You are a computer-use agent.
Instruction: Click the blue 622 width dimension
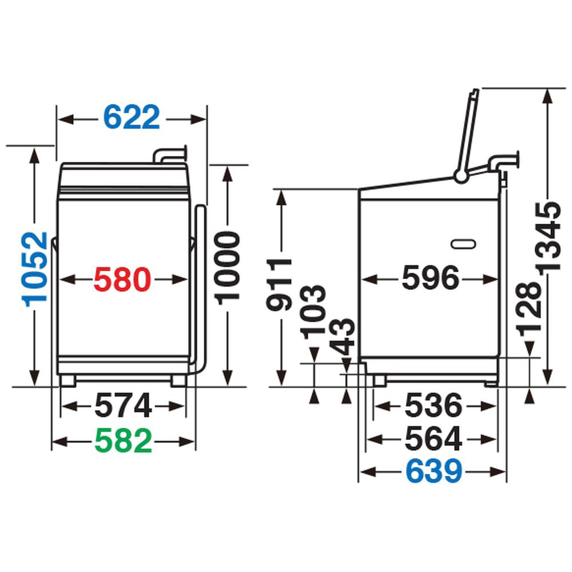point(132,117)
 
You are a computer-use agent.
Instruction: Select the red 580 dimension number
point(122,280)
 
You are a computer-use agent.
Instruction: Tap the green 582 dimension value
point(124,440)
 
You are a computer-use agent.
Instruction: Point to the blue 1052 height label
point(35,269)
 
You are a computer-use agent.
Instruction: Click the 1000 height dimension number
point(227,267)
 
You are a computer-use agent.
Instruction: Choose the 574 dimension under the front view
point(123,406)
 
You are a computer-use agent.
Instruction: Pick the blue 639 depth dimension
point(434,471)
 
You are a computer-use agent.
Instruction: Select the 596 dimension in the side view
point(431,279)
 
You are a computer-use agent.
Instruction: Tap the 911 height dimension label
point(280,284)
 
